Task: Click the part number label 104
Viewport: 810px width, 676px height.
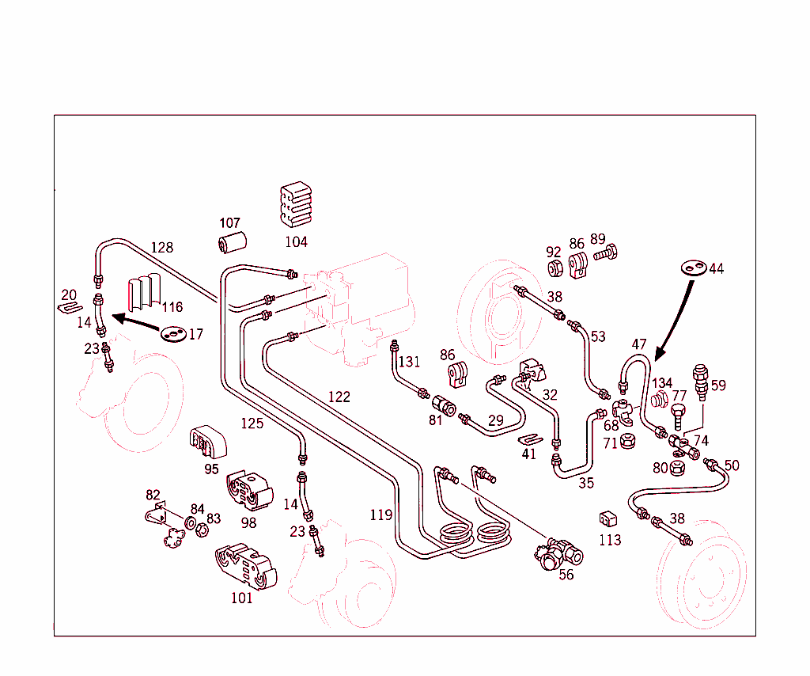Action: tap(296, 241)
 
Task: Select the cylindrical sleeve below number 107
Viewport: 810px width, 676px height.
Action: tap(233, 241)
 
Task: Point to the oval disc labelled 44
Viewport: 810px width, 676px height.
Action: tap(694, 268)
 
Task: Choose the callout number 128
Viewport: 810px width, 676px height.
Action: tap(161, 248)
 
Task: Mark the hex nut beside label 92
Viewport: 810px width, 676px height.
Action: tap(555, 269)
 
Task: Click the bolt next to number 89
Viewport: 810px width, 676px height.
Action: tap(605, 254)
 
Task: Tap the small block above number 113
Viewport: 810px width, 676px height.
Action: tap(607, 518)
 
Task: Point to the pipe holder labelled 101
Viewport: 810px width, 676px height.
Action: tap(245, 566)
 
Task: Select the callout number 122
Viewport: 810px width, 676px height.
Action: tap(339, 397)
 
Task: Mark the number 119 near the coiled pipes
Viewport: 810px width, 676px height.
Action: tap(380, 515)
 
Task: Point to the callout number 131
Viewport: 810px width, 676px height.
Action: tap(409, 363)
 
